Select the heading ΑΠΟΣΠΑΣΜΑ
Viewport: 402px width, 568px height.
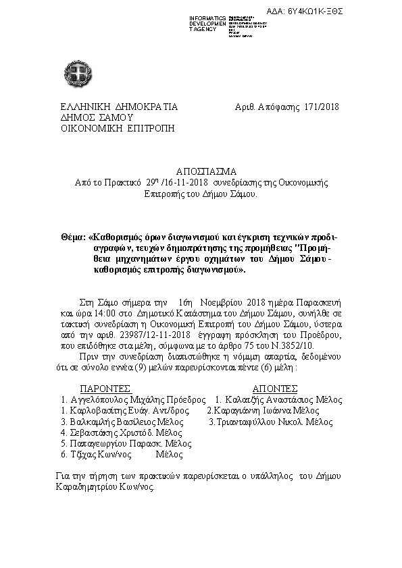201,171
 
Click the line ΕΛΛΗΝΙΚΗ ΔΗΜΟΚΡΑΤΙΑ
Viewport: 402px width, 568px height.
119,107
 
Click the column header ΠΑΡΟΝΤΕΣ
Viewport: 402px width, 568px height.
105,389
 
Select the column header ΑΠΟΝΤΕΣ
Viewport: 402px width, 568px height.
275,389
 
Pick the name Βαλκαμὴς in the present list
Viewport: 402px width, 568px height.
95,422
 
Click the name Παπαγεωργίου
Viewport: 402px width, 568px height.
99,444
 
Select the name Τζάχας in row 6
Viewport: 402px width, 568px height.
84,455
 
